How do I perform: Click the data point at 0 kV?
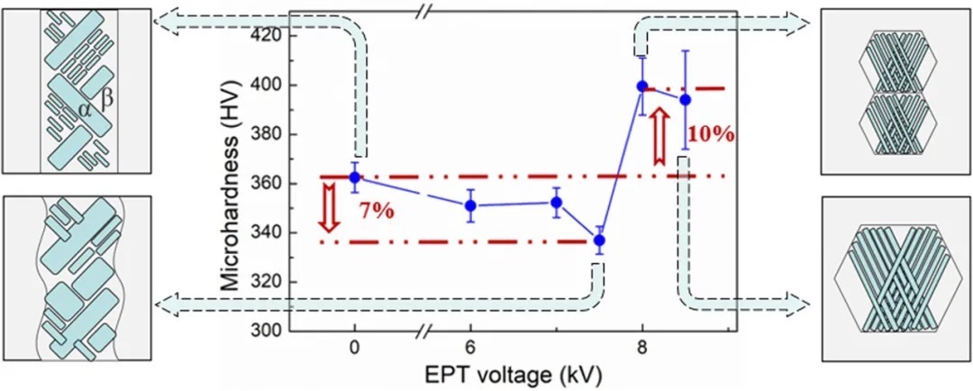coord(354,177)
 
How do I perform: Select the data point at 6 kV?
coord(471,205)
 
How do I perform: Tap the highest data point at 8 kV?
coord(642,86)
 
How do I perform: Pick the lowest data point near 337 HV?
coord(600,241)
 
